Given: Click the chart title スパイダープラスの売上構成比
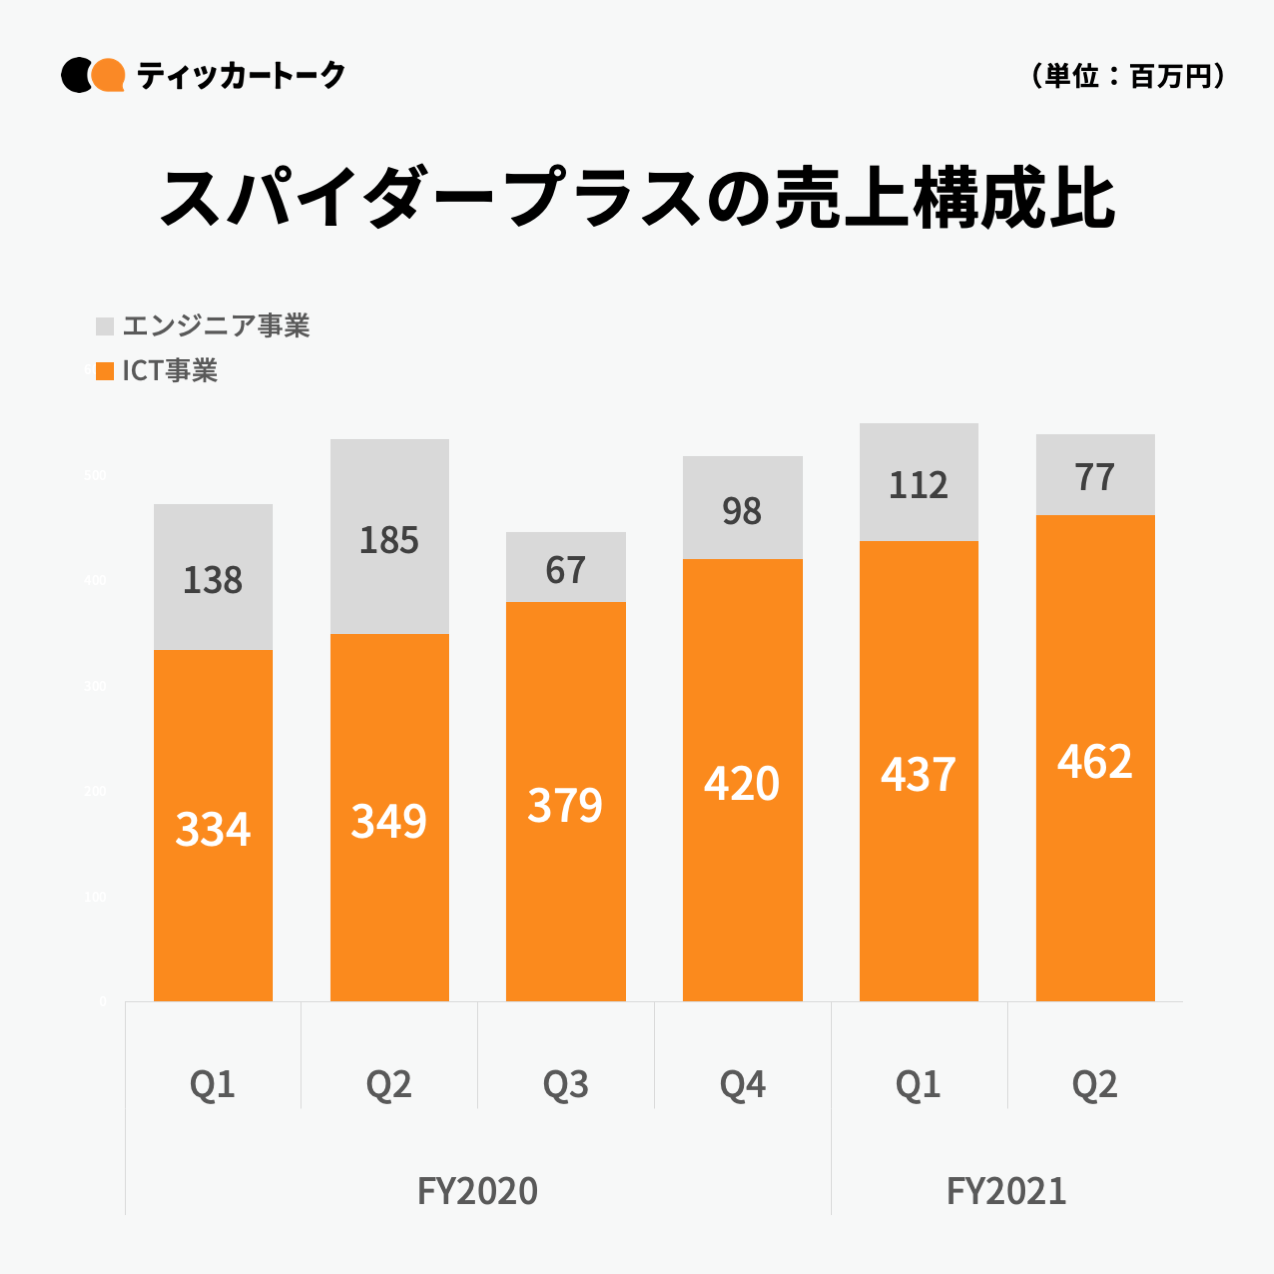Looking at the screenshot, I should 636,198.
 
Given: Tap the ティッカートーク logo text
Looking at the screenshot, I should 240,75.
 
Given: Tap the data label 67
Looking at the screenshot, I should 565,570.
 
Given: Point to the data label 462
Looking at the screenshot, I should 1095,762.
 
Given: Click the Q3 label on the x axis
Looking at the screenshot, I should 565,1084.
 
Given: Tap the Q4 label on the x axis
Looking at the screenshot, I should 742,1084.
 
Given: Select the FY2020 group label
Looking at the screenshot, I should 477,1191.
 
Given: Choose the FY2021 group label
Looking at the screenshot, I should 1006,1191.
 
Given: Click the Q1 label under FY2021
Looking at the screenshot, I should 918,1084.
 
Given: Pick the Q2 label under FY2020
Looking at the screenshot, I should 389,1084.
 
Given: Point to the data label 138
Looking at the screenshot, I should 213,580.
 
